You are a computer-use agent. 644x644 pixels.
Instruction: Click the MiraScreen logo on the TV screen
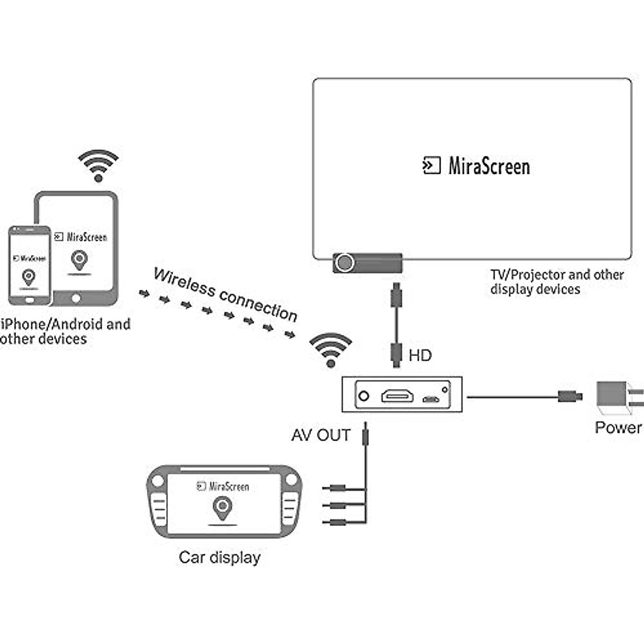476,166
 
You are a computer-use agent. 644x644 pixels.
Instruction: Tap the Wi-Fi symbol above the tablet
98,165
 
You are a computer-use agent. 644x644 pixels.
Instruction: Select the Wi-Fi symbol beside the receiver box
331,350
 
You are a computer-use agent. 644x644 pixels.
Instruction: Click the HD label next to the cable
420,355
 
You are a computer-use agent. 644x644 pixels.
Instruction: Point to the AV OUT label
321,435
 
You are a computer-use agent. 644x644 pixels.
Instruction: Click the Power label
618,427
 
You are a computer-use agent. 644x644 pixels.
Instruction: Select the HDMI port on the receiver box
398,397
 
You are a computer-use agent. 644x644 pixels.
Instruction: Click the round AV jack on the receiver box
364,397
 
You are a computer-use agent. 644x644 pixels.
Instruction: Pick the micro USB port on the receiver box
430,399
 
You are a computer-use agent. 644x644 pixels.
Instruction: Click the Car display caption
219,557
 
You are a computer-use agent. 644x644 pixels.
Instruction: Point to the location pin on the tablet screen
79,260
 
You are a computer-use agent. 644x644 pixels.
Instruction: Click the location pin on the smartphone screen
29,277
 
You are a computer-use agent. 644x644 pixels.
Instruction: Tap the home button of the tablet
76,298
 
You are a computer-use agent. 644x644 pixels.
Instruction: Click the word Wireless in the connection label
184,282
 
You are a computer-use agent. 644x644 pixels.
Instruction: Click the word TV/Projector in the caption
528,275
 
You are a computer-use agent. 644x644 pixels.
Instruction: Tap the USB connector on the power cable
569,397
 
